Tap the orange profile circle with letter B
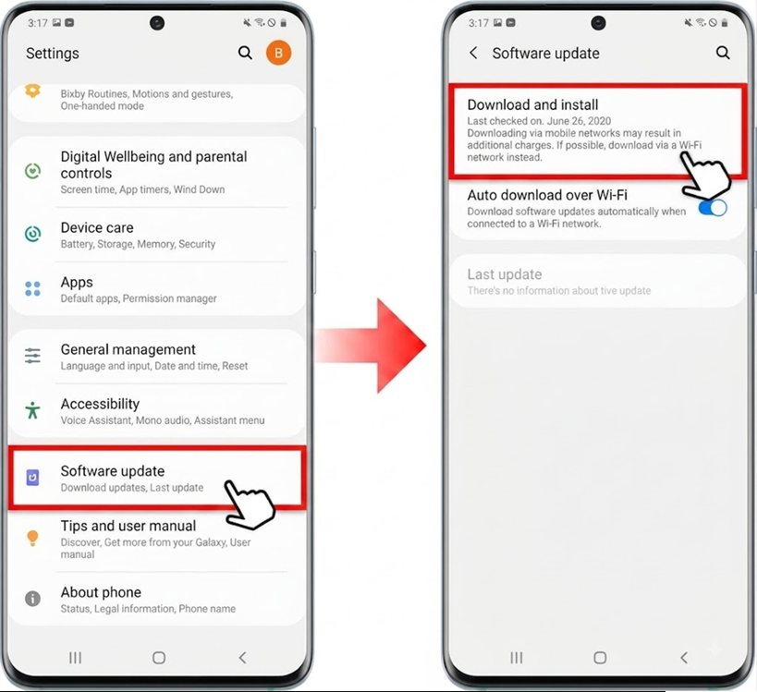click(x=278, y=53)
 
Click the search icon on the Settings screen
click(x=245, y=53)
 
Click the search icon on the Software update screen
click(x=723, y=53)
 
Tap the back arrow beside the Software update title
click(x=473, y=53)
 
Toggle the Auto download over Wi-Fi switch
click(x=713, y=208)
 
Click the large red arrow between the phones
click(x=371, y=346)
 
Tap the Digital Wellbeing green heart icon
click(x=33, y=171)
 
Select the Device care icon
click(x=33, y=234)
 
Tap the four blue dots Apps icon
click(x=33, y=288)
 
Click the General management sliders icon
click(x=33, y=356)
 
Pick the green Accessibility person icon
click(x=33, y=410)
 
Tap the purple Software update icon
click(x=33, y=478)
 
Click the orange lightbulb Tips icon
click(x=33, y=538)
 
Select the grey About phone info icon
click(x=33, y=599)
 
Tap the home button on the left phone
click(x=159, y=657)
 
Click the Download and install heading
click(x=532, y=104)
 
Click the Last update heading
click(x=505, y=274)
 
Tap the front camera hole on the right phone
click(x=598, y=23)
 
